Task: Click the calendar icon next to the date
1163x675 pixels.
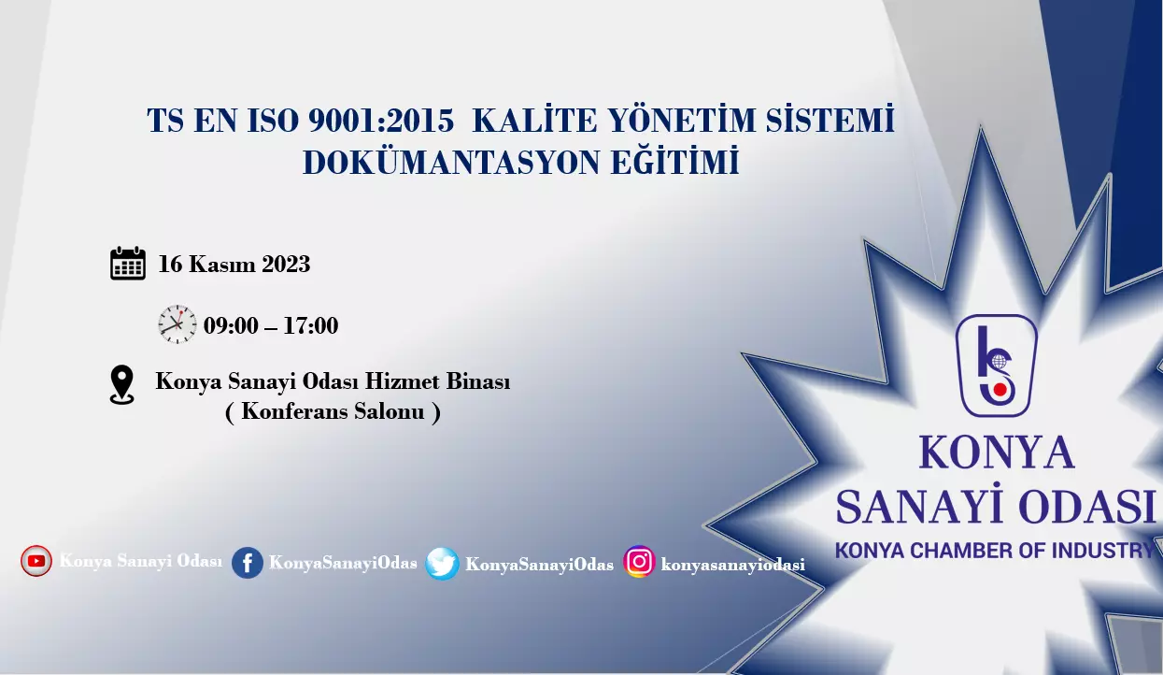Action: (x=128, y=264)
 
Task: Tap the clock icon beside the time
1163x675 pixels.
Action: (x=177, y=324)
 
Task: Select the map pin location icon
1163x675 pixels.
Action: (x=122, y=385)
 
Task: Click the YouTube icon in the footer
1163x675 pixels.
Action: (x=36, y=561)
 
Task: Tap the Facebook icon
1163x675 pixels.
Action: (x=248, y=563)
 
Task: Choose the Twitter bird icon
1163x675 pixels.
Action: (x=442, y=564)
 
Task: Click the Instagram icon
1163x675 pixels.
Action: (x=639, y=561)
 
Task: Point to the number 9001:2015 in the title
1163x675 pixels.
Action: (x=381, y=121)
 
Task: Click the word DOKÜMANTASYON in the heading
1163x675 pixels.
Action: (x=452, y=162)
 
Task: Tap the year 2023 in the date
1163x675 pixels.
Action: (x=286, y=264)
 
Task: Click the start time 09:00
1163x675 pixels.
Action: (x=231, y=325)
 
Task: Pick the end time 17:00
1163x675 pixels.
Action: (x=311, y=325)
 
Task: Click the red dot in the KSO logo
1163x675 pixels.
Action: (x=1000, y=389)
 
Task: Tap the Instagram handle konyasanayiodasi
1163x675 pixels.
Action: (x=732, y=565)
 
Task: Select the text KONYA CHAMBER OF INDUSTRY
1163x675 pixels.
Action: (x=995, y=551)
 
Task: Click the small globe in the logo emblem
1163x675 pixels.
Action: (x=999, y=361)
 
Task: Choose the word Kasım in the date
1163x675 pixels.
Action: (x=221, y=264)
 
